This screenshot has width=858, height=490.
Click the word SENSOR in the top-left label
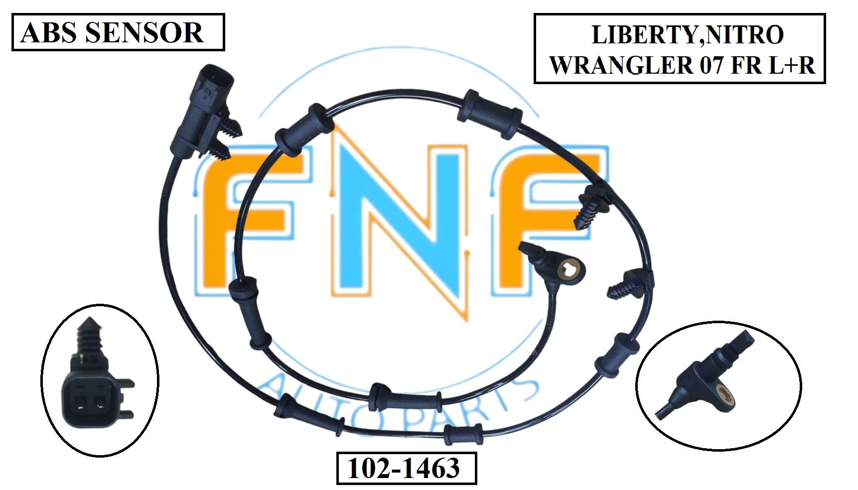coord(144,33)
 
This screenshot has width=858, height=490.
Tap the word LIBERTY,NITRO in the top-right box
coord(687,35)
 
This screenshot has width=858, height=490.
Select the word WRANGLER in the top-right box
coord(620,65)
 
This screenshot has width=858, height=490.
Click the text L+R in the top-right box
coord(792,65)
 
